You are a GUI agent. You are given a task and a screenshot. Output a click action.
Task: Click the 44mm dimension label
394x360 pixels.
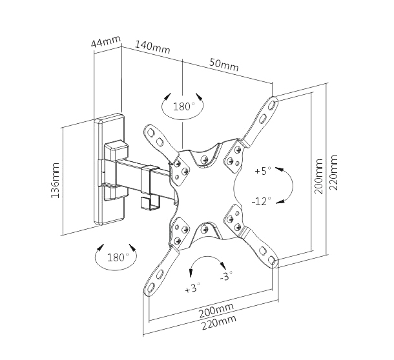tap(106, 43)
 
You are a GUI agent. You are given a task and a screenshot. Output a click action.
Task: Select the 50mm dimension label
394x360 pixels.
tap(224, 64)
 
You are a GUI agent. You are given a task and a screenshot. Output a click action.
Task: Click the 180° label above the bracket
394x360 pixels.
tap(183, 106)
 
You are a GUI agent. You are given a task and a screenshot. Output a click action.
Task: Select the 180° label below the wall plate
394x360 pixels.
tap(116, 257)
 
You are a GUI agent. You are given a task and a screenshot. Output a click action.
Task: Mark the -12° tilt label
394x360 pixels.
tap(262, 201)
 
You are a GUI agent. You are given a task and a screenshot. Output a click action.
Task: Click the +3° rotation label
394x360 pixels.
tap(192, 288)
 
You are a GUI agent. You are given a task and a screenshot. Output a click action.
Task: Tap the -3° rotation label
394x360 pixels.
tap(225, 276)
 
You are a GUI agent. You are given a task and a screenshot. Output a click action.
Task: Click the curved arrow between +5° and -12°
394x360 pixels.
tap(289, 186)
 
